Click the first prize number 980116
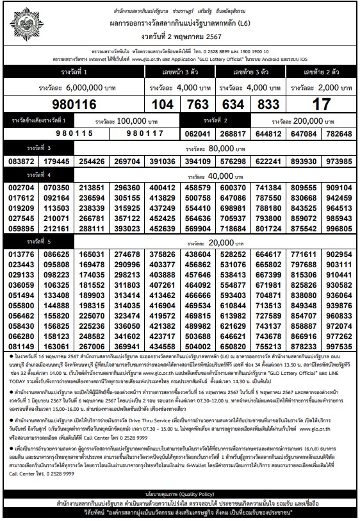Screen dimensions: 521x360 [x=76, y=104]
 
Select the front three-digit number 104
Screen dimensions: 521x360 [x=165, y=104]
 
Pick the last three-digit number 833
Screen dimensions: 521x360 [x=268, y=104]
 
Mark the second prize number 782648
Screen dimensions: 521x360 [x=339, y=134]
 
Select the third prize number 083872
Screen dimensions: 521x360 [x=22, y=161]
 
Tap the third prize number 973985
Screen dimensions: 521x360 [x=339, y=161]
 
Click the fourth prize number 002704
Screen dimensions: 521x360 [x=22, y=188]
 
